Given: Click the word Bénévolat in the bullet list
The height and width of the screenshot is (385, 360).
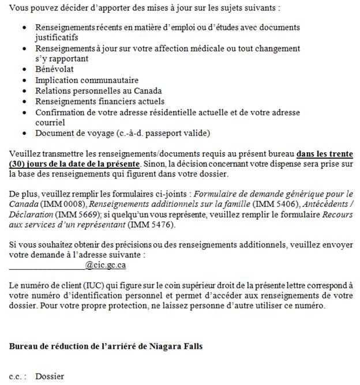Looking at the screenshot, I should point(54,69).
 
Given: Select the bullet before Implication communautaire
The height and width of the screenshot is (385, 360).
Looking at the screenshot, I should point(24,80).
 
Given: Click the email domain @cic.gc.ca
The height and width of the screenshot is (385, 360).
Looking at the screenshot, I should point(106,265).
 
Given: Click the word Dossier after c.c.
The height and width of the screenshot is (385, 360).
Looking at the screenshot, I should point(50,376).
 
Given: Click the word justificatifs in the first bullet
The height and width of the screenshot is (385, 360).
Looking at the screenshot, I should point(57,37).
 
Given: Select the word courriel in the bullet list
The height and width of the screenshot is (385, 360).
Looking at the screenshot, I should point(50,123).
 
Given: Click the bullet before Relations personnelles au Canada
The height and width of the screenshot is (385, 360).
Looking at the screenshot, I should point(24,91).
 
